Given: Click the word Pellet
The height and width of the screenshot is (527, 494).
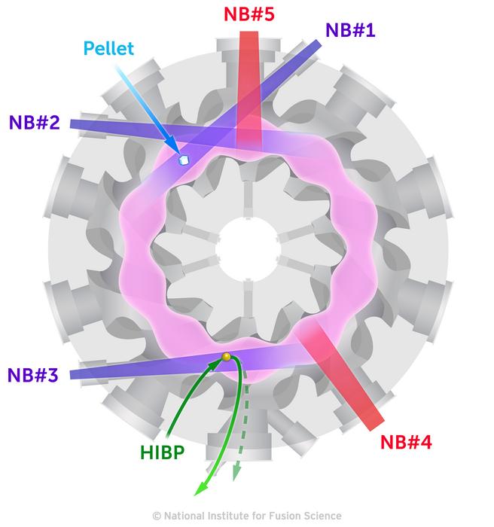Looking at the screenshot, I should (109, 50).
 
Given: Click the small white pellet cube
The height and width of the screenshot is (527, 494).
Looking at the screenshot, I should (181, 160).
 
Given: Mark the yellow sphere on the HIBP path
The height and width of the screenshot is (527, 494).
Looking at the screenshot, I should (225, 357).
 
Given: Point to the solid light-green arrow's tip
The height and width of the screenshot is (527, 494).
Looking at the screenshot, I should (197, 493).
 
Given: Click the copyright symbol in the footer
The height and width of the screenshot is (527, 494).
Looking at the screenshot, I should (157, 516).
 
